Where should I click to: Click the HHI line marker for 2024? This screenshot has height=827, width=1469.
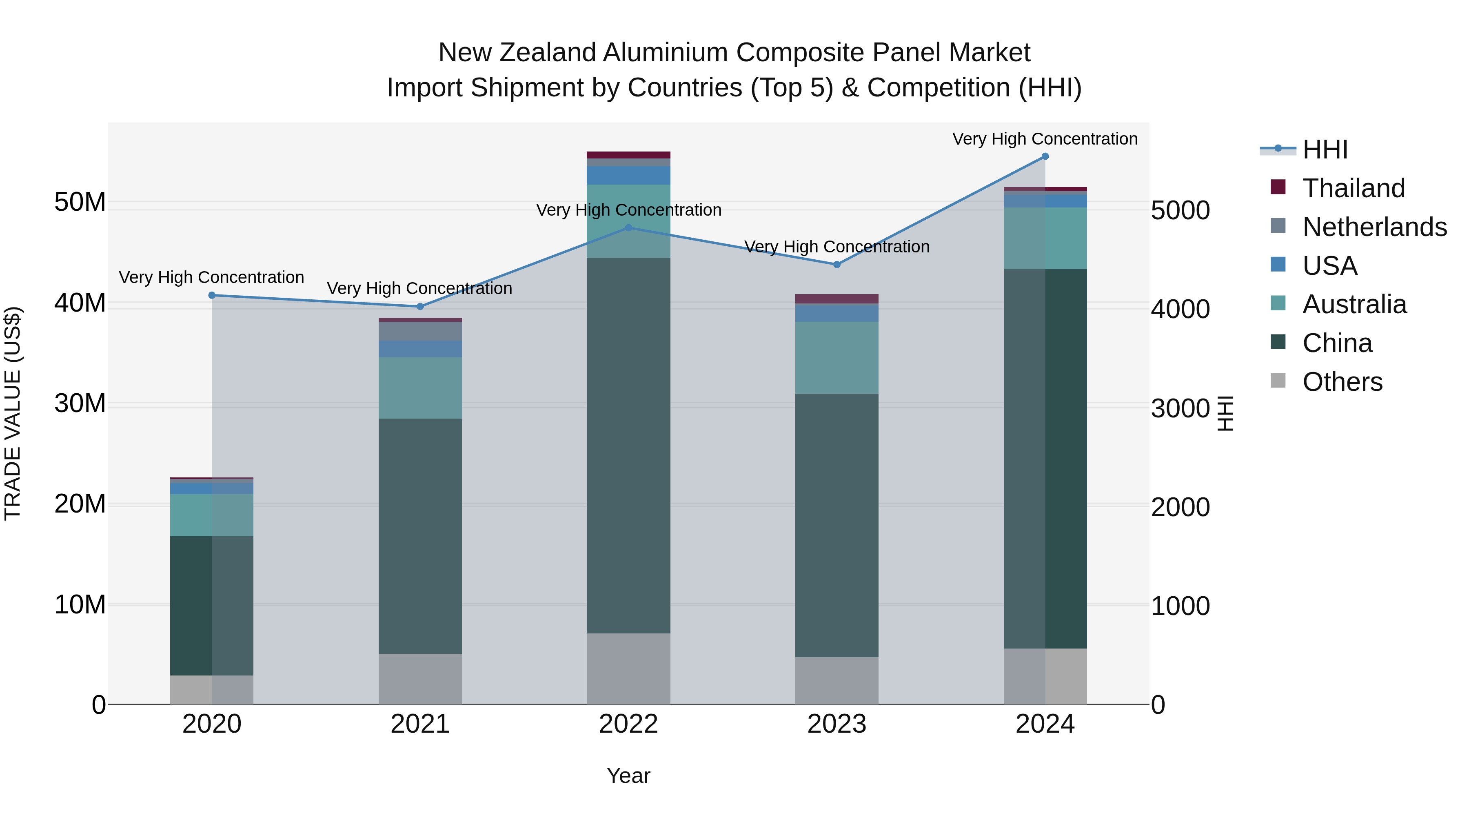[x=1045, y=156]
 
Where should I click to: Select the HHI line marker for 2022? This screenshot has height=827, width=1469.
[x=628, y=228]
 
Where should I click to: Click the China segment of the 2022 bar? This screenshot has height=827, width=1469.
[x=628, y=445]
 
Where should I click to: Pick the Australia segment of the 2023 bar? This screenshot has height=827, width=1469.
[x=837, y=357]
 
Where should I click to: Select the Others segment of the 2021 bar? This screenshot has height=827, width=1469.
[x=420, y=679]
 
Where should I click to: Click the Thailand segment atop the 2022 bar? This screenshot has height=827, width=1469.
[x=628, y=155]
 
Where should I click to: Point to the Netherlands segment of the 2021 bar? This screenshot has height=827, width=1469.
[x=420, y=331]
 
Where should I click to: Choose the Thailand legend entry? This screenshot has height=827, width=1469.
[x=1353, y=188]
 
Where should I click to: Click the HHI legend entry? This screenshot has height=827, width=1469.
[x=1325, y=149]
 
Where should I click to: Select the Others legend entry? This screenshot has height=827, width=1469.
[x=1342, y=382]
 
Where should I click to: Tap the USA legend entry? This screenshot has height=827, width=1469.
[x=1329, y=266]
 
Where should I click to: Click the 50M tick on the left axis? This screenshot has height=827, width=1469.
[x=80, y=202]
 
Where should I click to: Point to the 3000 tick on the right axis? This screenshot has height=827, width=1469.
[x=1180, y=409]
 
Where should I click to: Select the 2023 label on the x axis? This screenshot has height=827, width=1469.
[x=837, y=724]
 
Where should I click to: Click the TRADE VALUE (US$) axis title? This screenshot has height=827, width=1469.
[x=13, y=413]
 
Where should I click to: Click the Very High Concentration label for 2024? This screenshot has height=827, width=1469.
[x=1045, y=139]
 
